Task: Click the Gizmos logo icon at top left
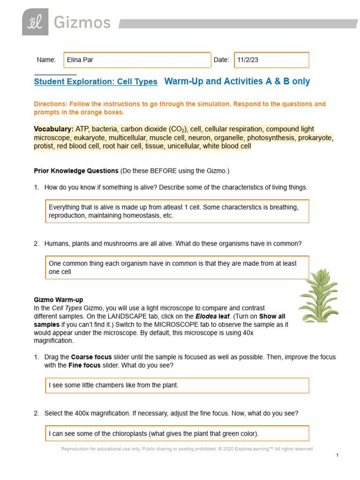[x=35, y=22]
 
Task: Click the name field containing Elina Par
[x=137, y=60]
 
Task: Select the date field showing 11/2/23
[x=271, y=60]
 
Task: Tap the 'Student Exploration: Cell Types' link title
[x=96, y=82]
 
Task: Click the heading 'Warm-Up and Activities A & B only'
[x=237, y=81]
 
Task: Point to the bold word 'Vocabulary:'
[x=53, y=129]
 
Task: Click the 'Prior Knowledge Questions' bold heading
[x=76, y=171]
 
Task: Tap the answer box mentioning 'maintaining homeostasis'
[x=177, y=211]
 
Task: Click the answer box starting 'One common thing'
[x=177, y=268]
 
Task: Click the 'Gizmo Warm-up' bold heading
[x=59, y=300]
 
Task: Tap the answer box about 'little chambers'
[x=177, y=385]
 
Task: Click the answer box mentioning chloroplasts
[x=177, y=433]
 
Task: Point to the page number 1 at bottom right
[x=337, y=455]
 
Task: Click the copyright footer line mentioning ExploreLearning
[x=187, y=449]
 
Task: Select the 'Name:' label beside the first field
[x=46, y=60]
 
